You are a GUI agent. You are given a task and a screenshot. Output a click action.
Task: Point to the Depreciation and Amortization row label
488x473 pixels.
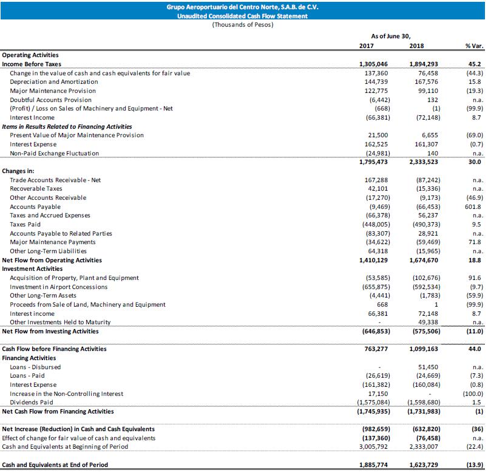coord(53,81)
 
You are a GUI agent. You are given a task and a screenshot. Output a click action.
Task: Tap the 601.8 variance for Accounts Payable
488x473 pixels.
coord(473,206)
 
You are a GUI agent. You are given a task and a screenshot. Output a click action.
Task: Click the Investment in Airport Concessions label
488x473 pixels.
coord(58,287)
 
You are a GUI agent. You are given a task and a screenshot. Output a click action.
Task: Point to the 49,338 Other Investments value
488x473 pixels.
coord(425,322)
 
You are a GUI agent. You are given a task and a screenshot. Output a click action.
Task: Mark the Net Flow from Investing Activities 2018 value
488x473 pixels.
coord(421,332)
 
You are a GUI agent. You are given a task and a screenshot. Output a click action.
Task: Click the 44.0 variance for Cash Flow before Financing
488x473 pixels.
coord(475,349)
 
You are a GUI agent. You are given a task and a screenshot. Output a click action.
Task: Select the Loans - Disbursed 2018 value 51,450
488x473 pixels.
coord(427,367)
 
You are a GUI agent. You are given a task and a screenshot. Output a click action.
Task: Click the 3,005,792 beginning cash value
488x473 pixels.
coord(372,446)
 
